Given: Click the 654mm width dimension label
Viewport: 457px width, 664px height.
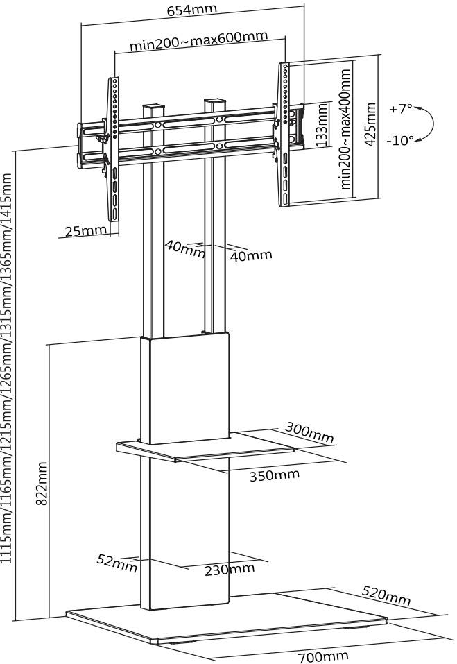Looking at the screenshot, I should [192, 10].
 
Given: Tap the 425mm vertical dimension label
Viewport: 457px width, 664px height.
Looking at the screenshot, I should [370, 124].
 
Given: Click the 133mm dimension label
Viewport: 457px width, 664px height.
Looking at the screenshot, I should [321, 124].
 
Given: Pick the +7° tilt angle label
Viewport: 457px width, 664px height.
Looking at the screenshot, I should [400, 109].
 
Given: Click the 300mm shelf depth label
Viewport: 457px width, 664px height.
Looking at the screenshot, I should [310, 434].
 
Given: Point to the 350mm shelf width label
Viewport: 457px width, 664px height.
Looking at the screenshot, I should [275, 475].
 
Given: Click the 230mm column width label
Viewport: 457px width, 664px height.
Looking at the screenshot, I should [230, 570].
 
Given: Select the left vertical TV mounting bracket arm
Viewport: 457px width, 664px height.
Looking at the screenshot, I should [114, 149].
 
